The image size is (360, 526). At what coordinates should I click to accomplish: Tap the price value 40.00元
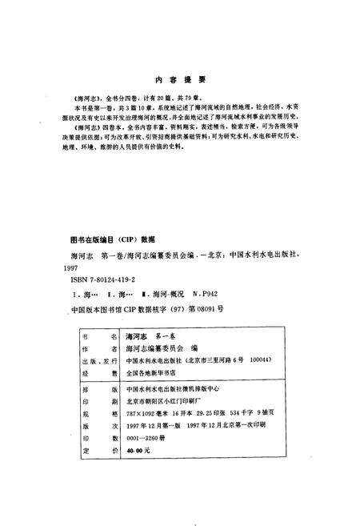139,452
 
